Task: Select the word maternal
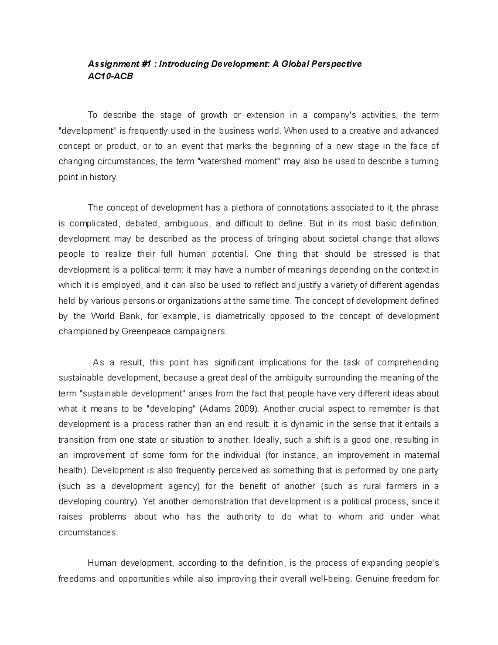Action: tap(422, 455)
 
